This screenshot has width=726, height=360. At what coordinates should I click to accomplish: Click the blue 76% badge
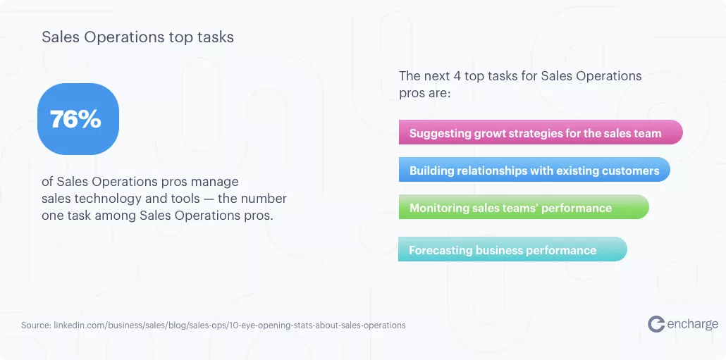pos(78,119)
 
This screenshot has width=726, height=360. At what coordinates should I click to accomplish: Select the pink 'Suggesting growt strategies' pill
pos(541,132)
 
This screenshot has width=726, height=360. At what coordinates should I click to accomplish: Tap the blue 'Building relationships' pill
pos(534,170)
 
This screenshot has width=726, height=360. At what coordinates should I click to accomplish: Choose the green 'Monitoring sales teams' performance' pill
pos(524,207)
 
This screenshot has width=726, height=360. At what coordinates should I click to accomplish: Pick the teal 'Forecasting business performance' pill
pos(512,249)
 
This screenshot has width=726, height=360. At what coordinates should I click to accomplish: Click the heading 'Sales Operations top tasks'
pos(137,37)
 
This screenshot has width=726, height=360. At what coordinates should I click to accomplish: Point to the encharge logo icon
pos(656,324)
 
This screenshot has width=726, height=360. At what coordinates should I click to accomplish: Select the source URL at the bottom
pos(230,325)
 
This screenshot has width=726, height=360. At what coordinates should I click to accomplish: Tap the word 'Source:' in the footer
pos(36,325)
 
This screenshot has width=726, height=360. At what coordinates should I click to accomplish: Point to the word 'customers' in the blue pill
pos(630,170)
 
